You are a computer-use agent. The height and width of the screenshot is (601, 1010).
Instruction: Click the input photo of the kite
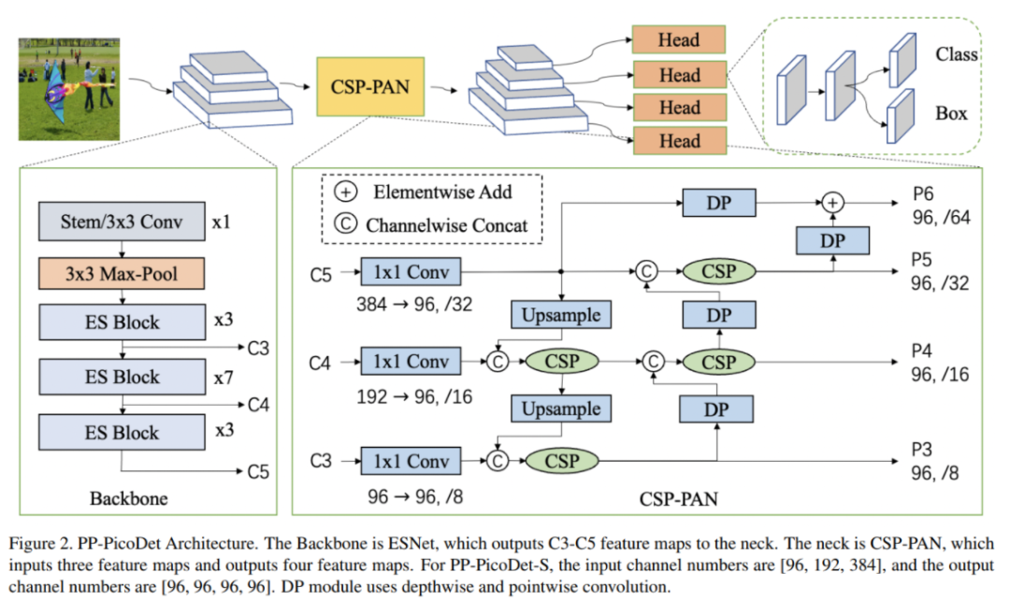tap(70, 90)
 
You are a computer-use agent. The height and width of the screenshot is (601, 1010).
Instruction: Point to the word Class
tap(956, 55)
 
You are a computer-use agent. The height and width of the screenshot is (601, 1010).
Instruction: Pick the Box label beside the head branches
tap(951, 114)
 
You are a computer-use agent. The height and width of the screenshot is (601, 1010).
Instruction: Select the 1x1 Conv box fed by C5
tap(411, 273)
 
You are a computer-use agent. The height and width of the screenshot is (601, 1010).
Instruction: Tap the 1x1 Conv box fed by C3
tap(411, 460)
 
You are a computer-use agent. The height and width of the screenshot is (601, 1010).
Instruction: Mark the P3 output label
tap(923, 450)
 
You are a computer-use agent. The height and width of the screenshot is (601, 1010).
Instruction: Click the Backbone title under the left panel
tap(129, 498)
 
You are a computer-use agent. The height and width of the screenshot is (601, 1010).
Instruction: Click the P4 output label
tap(923, 351)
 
